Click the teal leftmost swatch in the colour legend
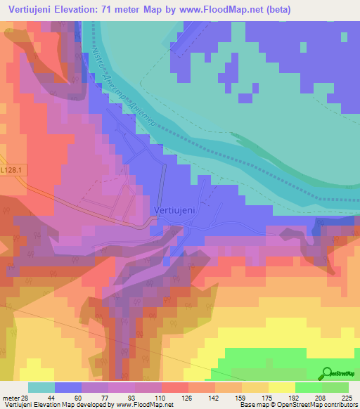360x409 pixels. (x=41, y=387)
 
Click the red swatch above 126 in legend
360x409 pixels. (x=175, y=387)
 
